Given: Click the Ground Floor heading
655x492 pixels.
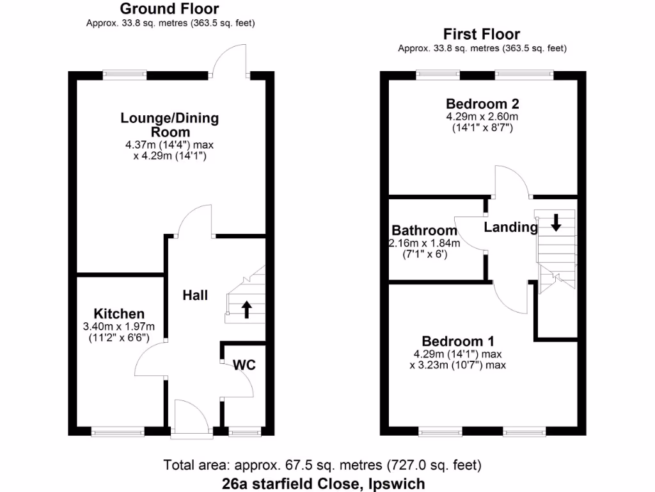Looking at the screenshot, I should coord(170,9).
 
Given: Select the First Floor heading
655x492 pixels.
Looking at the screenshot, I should coord(482,34).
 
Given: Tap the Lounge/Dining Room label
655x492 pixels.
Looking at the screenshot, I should coord(170,125).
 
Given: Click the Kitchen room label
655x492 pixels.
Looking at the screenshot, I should coord(120,314).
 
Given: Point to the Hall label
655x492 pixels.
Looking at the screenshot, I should coord(195,295).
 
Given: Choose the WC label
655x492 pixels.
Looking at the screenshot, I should coord(244,365).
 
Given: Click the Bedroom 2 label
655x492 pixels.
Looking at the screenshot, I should coord(482,104).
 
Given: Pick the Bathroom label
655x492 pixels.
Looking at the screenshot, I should coord(425,230).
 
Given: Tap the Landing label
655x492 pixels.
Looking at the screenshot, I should coord(510,227).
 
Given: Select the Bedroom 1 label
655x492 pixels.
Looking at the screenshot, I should coord(457,341).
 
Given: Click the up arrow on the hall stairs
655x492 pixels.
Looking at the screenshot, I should coord(246,310).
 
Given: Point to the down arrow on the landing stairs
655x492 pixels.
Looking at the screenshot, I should coord(555,222).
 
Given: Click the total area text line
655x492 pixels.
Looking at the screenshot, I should coord(322,464).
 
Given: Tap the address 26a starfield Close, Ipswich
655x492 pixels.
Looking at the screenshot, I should coord(322,482).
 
